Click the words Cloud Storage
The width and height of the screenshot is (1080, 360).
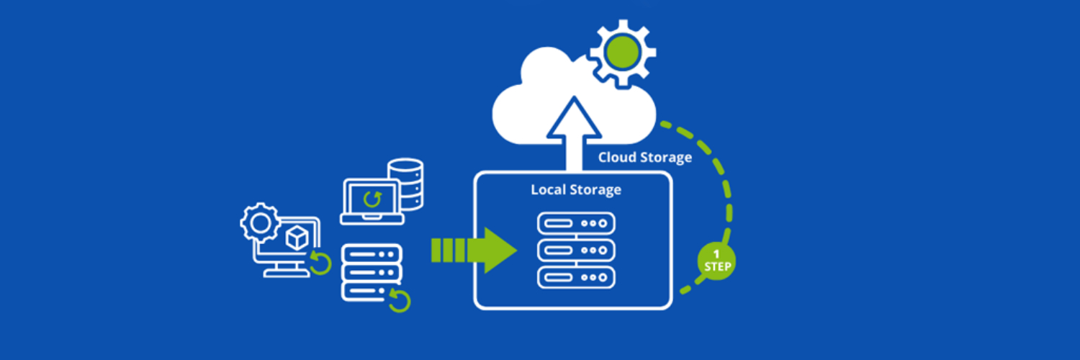[644, 157]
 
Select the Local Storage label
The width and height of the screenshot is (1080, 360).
[575, 190]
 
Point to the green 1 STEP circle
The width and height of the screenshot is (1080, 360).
[716, 261]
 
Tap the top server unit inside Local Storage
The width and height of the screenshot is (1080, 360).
[576, 223]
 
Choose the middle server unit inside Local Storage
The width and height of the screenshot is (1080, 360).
[576, 250]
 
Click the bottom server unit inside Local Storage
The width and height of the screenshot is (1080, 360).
[576, 276]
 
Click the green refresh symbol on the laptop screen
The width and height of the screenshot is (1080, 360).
[372, 198]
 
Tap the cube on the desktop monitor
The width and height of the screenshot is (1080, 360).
[297, 237]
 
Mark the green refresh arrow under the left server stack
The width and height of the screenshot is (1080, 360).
[399, 299]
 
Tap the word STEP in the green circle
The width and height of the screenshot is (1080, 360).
[716, 267]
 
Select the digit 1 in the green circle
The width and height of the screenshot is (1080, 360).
[716, 254]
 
